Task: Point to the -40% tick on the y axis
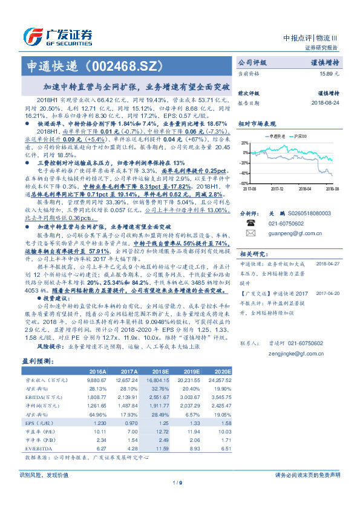[x=245, y=173]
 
